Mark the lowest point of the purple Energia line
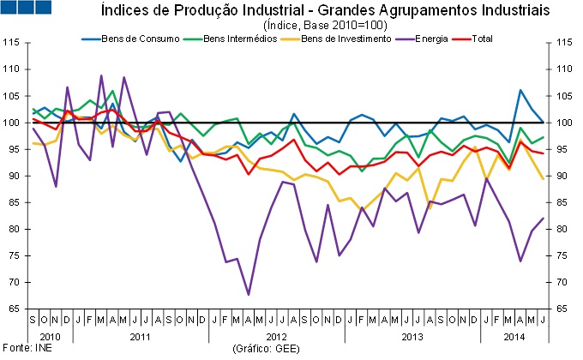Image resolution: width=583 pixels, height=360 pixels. tap(249, 294)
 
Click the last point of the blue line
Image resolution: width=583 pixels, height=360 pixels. tap(543, 122)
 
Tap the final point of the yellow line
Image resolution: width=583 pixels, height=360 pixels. tap(543, 178)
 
